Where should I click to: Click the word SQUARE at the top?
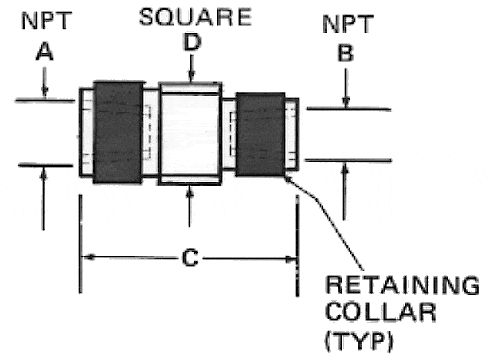point(195,18)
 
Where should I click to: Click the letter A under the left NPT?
point(45,52)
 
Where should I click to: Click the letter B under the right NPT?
point(346,53)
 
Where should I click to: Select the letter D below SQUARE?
point(192,42)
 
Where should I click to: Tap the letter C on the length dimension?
point(190,258)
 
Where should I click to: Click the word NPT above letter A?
point(46,21)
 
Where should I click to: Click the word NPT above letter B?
point(348,24)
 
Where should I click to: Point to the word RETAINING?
point(402,285)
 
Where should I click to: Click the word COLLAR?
point(381,311)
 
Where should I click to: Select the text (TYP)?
point(359,340)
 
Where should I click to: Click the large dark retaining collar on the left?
point(118,132)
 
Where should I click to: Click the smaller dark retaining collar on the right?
point(260,134)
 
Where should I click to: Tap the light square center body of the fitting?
point(190,134)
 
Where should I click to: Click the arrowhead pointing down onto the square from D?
point(191,77)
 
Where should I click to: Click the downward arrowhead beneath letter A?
point(45,93)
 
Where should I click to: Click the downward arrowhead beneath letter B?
point(346,103)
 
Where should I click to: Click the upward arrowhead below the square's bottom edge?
point(190,191)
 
